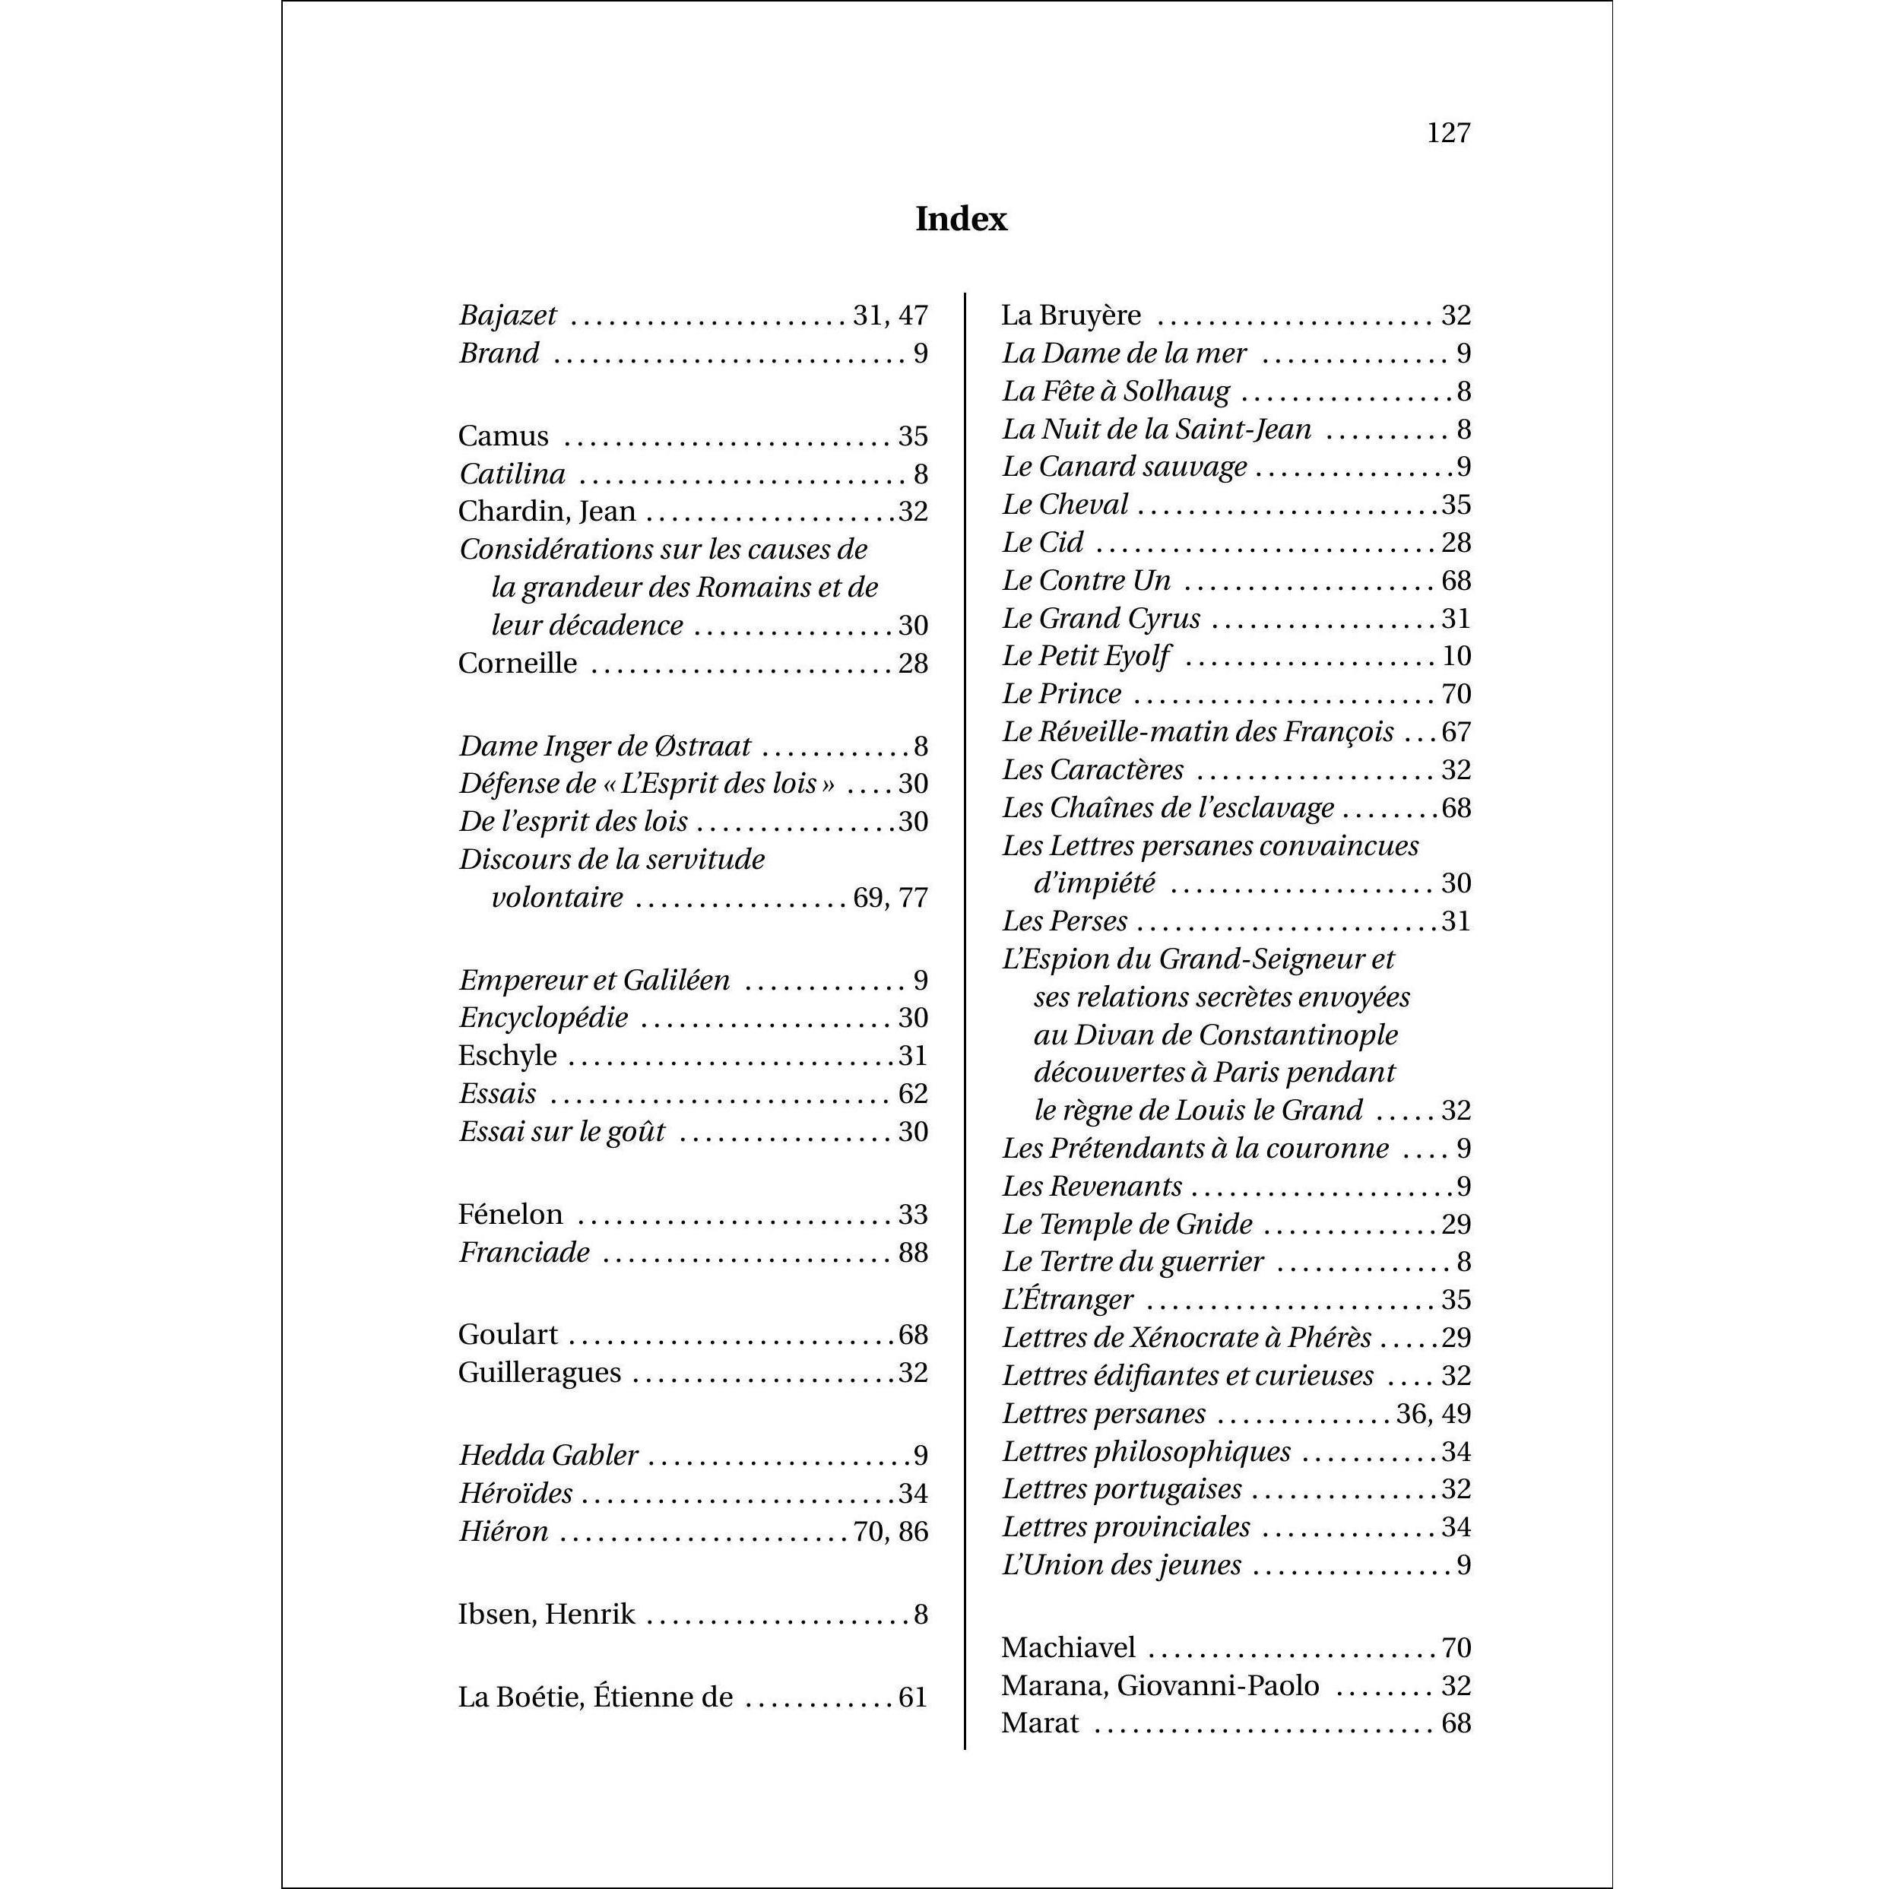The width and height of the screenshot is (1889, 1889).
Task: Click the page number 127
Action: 1448,133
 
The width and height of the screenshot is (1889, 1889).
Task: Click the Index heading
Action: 960,219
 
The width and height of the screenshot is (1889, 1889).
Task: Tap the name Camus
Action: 502,436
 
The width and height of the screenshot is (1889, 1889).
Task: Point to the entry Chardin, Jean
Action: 547,512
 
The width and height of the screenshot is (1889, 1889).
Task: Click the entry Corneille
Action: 517,663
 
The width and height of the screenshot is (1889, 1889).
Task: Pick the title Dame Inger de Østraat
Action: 604,746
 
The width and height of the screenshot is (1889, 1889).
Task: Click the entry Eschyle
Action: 508,1056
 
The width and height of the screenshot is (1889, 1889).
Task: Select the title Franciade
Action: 524,1253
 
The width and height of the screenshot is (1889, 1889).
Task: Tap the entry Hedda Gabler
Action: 549,1456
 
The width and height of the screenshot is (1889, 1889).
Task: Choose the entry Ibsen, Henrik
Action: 547,1615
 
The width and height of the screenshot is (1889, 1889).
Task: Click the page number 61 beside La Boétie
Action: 912,1697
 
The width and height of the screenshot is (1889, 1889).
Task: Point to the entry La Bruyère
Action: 1070,315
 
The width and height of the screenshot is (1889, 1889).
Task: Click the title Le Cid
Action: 1042,543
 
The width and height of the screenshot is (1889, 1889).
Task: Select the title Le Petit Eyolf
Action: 1086,656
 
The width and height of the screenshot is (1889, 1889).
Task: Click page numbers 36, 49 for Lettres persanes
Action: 1434,1414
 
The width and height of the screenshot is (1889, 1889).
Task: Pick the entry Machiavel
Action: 1068,1649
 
